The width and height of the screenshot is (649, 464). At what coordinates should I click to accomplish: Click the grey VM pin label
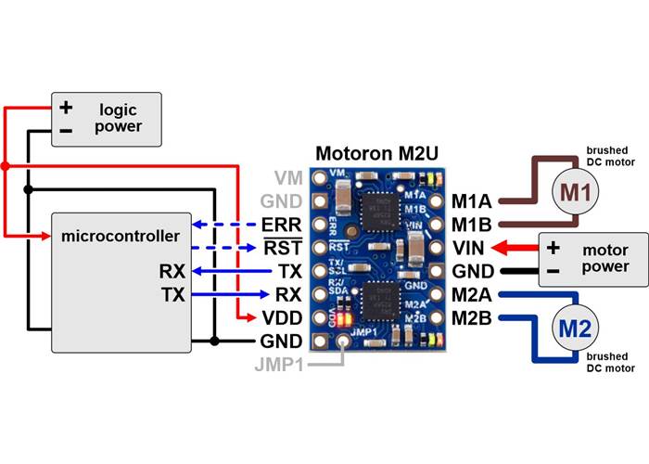click(287, 176)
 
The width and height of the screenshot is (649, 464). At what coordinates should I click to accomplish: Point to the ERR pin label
click(279, 225)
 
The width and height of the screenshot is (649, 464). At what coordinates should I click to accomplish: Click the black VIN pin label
click(470, 248)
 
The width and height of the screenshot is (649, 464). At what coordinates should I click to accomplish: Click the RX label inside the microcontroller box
click(172, 272)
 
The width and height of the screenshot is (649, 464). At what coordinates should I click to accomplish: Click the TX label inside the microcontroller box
click(172, 295)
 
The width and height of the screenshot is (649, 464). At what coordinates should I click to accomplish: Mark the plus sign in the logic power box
click(67, 108)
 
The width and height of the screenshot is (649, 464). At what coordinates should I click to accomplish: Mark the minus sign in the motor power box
click(554, 271)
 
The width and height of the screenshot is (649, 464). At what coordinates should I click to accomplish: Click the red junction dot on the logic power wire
click(6, 166)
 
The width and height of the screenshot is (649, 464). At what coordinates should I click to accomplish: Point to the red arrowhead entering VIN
click(498, 248)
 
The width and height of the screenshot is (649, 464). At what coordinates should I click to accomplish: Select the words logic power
click(118, 118)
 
